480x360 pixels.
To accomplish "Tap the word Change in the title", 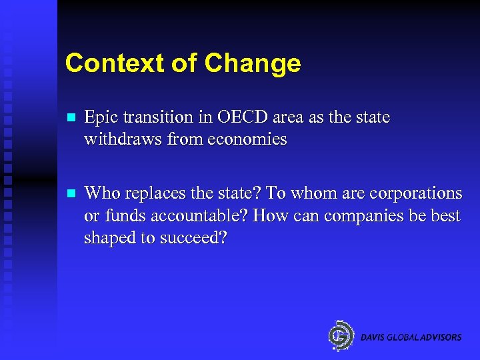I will pyautogui.click(x=253, y=64).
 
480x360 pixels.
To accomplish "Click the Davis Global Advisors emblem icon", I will pyautogui.click(x=341, y=336).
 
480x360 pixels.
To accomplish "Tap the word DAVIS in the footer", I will pyautogui.click(x=373, y=337).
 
